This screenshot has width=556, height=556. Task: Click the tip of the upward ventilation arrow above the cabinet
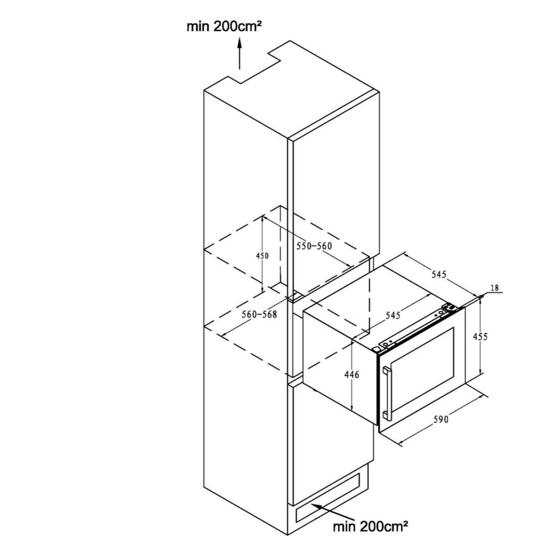coord(240,38)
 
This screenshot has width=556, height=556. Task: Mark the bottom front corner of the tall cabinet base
coord(288,535)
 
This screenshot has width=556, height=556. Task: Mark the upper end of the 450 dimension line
coord(263,215)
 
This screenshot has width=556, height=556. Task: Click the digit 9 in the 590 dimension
coord(441,420)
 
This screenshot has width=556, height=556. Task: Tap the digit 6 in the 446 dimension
coord(356,375)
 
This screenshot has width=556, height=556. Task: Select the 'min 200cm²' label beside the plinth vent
coord(370,526)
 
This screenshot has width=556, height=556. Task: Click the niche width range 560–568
coord(259,314)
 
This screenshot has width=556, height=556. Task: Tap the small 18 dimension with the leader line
coord(495,288)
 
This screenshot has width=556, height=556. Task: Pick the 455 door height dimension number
coord(480,337)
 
